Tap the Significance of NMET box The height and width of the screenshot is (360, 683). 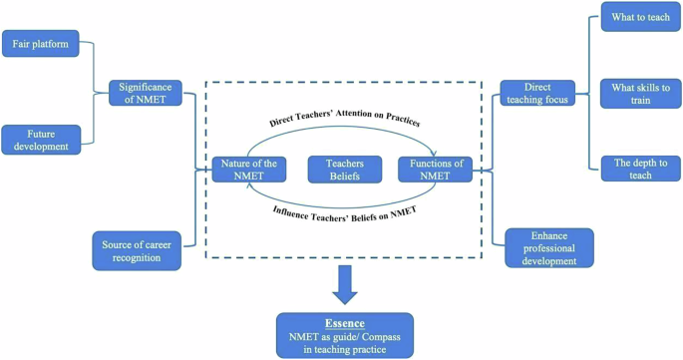coord(146,94)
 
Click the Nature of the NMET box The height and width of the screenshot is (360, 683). coord(249,170)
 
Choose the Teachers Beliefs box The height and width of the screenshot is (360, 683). coord(345,170)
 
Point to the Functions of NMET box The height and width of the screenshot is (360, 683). coord(436,170)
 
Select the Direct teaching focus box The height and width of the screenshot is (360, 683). coord(536,94)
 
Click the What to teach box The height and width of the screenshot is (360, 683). coord(640,17)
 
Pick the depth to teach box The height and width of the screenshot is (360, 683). coord(640,169)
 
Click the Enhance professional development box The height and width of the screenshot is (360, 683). coord(547,248)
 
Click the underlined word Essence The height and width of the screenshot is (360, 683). coord(344,323)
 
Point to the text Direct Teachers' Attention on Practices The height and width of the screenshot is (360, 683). coord(344,123)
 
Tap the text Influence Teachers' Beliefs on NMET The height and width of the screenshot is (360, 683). coord(344,210)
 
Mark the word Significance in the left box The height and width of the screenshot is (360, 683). coord(147,87)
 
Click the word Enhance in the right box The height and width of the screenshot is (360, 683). coord(548,235)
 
